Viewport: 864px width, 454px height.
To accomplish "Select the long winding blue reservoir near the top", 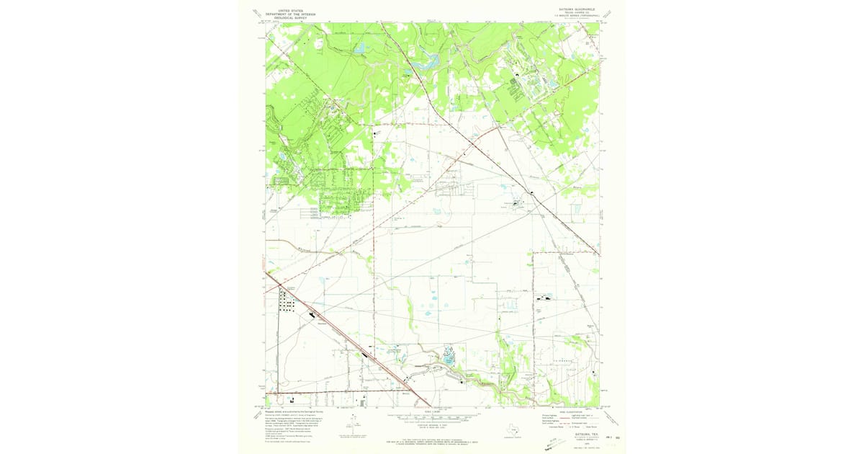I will (x=425, y=61).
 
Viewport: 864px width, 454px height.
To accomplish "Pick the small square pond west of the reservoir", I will (x=360, y=49).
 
